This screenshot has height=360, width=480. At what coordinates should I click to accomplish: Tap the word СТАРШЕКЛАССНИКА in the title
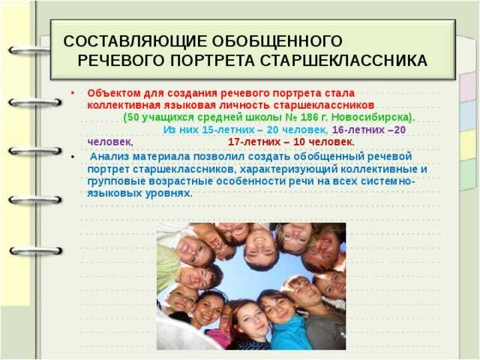[x=343, y=61]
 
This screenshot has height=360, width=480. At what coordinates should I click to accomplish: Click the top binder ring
[x=29, y=50]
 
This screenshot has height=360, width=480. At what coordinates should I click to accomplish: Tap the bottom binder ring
[x=36, y=251]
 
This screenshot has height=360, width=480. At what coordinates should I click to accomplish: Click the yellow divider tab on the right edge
[x=468, y=145]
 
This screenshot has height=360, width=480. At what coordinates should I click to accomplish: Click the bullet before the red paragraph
[x=73, y=93]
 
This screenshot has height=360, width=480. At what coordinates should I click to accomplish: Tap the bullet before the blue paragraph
[x=73, y=157]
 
